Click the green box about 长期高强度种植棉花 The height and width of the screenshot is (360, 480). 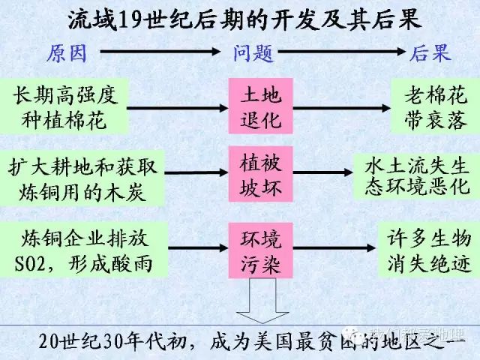66,107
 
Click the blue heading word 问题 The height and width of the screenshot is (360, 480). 252,53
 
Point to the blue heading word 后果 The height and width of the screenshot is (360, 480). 430,53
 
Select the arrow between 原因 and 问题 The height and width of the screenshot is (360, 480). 160,52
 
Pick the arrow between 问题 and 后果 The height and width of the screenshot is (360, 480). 342,52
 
